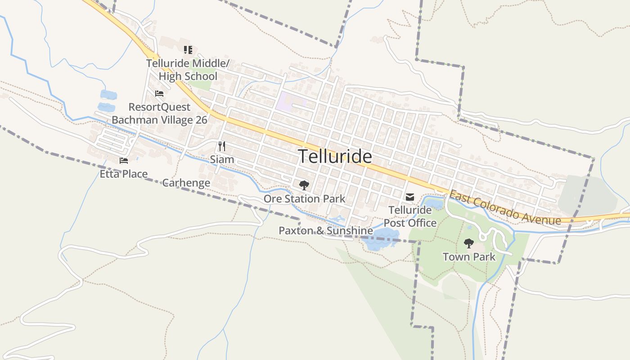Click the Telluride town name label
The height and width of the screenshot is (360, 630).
[335, 157]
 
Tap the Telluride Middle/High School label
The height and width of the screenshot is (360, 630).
[188, 70]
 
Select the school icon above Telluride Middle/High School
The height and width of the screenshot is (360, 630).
[188, 49]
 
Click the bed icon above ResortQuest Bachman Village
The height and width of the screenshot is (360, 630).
[159, 94]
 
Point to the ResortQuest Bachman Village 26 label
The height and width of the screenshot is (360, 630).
[159, 113]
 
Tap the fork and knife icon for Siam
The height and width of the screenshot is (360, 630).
[221, 146]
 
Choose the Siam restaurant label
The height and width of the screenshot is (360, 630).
[222, 159]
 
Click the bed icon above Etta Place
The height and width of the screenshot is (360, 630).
[124, 161]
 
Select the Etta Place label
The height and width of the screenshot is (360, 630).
[124, 174]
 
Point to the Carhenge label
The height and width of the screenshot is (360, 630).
[186, 183]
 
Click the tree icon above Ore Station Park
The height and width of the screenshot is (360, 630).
[304, 184]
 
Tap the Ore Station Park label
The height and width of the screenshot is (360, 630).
[305, 198]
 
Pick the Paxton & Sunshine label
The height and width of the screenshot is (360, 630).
[326, 231]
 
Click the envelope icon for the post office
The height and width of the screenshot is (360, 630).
[410, 197]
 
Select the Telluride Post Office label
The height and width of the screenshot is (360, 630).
[410, 216]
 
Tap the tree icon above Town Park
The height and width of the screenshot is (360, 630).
[469, 243]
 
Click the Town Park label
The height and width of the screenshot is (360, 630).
[469, 257]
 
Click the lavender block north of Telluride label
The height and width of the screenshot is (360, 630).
[288, 101]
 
